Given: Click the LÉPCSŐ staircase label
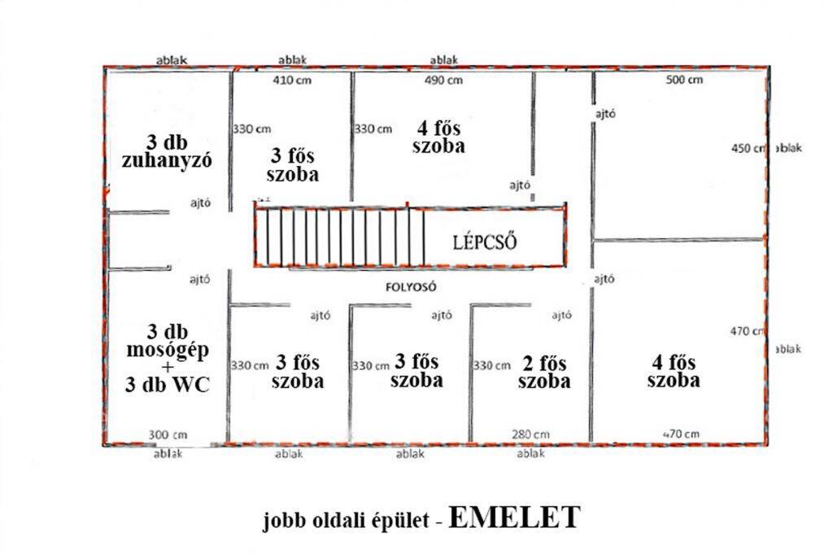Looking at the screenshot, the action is [x=485, y=242].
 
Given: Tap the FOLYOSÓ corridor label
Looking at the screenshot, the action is [x=411, y=287].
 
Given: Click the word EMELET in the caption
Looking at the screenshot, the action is [x=514, y=517].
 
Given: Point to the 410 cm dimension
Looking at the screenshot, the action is [x=292, y=81].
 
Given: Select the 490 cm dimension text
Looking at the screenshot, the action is [x=443, y=81].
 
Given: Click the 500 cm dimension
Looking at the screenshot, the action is [x=684, y=80].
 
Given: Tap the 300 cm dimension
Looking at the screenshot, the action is [x=168, y=435].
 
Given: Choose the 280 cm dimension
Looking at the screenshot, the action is [x=530, y=434].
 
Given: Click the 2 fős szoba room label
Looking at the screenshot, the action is [x=544, y=372].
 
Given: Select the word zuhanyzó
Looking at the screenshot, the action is [x=167, y=160].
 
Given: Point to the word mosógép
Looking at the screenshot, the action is [x=167, y=351].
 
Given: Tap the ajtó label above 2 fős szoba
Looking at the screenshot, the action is [x=561, y=316].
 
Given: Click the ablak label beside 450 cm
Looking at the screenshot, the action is [x=789, y=148].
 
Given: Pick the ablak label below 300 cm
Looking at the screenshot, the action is [x=168, y=454].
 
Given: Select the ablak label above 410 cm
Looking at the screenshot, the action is [x=292, y=60].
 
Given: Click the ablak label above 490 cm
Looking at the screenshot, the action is [x=443, y=60].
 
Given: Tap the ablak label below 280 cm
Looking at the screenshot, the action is [x=530, y=454].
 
